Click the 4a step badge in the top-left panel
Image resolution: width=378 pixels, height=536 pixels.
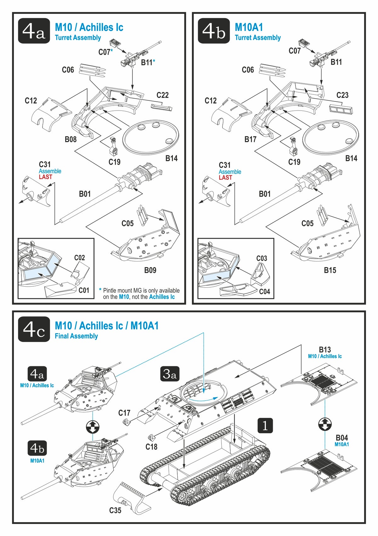(34, 31)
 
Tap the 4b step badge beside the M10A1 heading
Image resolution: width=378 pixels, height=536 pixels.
(214, 31)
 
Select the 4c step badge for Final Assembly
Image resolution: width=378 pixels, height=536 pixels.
(34, 329)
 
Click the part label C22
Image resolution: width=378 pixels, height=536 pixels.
(163, 95)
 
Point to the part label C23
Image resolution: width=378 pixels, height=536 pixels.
(342, 95)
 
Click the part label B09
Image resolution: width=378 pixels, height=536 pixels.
(150, 270)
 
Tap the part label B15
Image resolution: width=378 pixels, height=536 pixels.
(330, 270)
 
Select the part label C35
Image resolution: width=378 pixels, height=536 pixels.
(115, 510)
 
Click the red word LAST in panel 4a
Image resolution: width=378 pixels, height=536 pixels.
(45, 177)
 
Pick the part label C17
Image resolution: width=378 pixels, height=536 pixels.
(124, 413)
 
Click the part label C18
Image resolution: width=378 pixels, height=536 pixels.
(151, 447)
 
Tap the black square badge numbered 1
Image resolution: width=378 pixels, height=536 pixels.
(265, 425)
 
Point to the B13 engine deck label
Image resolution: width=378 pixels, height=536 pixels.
(325, 350)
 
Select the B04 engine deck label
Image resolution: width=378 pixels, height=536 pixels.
(342, 438)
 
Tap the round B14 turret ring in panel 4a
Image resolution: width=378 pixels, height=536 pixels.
(151, 136)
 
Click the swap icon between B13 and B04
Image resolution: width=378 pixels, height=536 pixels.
(325, 424)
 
